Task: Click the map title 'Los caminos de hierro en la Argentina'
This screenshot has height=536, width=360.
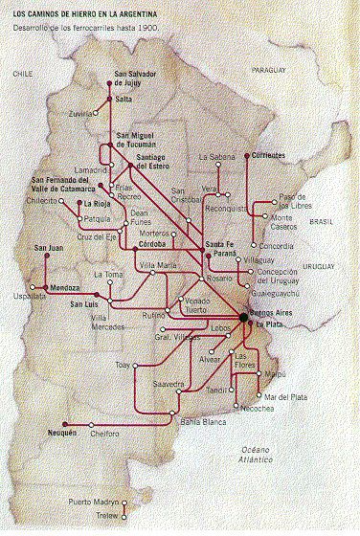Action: [x=90, y=13]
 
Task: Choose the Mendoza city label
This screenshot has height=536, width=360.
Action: [x=64, y=286]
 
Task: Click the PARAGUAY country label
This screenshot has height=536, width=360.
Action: [x=270, y=70]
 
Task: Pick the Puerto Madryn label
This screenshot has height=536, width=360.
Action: [x=93, y=502]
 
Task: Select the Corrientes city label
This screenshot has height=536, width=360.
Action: [x=272, y=154]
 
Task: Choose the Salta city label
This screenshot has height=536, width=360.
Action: [x=124, y=99]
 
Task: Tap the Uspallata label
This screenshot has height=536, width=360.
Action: [x=26, y=297]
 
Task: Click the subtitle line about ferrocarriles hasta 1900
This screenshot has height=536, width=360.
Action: [x=87, y=29]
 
